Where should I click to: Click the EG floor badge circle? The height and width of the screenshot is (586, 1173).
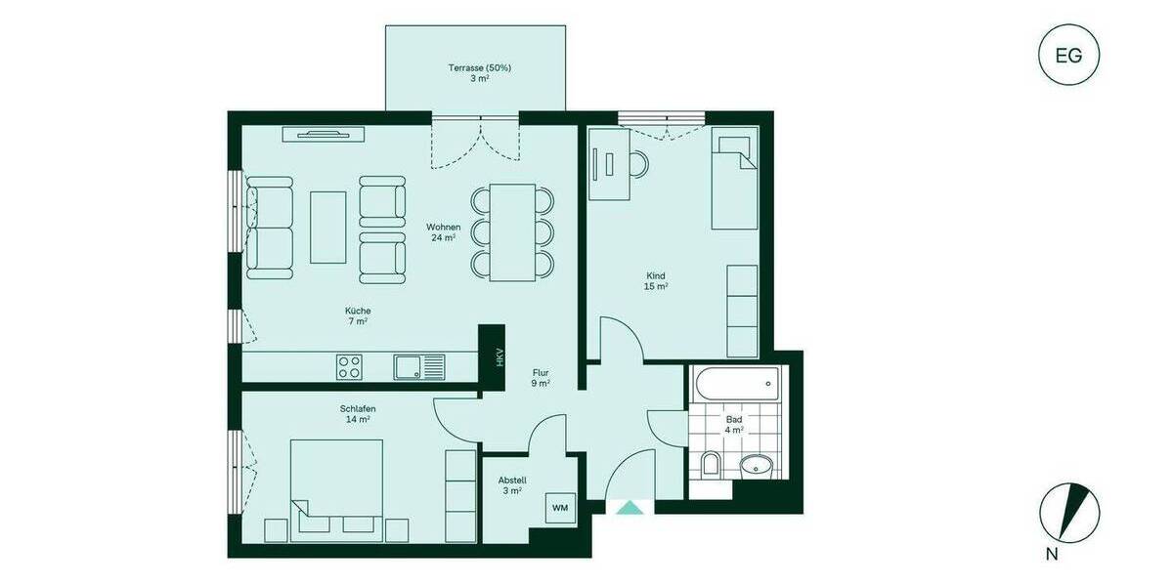(x=1068, y=56)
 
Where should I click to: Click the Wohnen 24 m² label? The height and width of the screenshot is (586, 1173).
(x=443, y=232)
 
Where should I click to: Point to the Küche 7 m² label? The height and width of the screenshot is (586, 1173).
(x=357, y=315)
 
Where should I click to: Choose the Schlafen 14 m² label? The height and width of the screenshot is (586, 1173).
(x=358, y=414)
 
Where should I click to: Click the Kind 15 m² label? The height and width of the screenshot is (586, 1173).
(x=655, y=281)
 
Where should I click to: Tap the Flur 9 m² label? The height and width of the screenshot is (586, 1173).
(x=541, y=378)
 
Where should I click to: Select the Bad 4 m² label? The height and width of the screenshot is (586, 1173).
(x=734, y=424)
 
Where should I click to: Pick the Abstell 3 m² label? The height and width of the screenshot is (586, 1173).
(x=512, y=485)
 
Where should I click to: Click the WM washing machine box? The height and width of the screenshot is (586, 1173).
(x=559, y=508)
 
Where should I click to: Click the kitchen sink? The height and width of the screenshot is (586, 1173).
(x=417, y=366)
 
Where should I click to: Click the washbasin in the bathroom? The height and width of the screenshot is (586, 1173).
(x=756, y=466)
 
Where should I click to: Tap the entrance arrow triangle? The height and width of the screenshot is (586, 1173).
(x=630, y=507)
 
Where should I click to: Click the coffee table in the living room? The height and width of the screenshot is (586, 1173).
(x=327, y=227)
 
